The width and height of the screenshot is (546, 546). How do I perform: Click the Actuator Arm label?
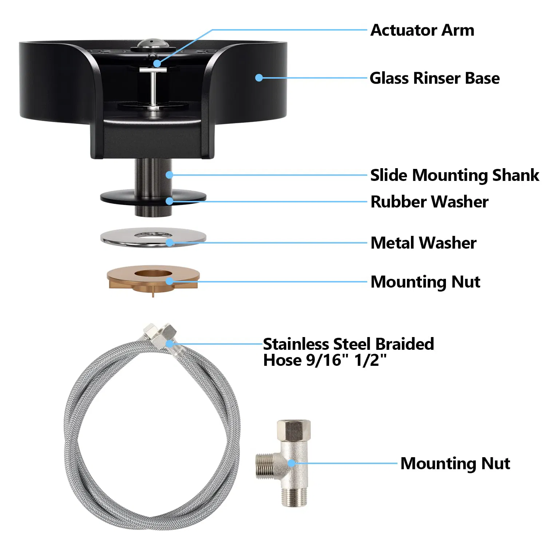[x=422, y=30]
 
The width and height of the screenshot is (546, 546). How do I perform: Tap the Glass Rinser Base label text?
[x=435, y=78]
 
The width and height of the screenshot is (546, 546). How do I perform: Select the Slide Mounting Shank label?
[x=455, y=175]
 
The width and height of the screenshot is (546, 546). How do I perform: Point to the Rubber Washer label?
[x=430, y=202]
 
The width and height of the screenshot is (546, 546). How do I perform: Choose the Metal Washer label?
[x=423, y=243]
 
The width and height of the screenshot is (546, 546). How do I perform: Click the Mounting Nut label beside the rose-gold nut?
[x=426, y=282]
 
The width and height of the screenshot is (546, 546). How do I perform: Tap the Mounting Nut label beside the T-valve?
[x=455, y=463]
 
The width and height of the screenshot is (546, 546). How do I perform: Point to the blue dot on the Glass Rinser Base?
[x=259, y=78]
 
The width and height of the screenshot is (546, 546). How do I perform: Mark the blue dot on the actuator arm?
[x=157, y=63]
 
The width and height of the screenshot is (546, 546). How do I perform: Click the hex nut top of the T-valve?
[x=294, y=430]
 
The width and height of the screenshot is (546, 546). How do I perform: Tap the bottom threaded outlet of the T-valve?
[x=294, y=497]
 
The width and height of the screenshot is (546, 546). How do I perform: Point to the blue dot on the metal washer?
[x=170, y=242]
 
